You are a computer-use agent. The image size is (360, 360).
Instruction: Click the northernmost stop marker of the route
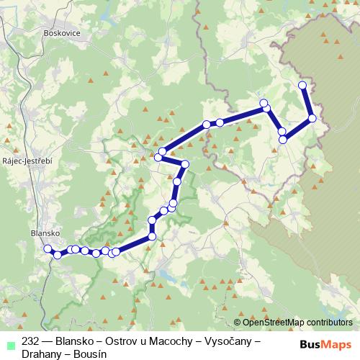tap(302, 86)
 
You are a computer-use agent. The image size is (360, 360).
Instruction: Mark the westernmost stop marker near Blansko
tap(48, 249)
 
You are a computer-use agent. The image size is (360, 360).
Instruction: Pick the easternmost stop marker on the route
tap(312, 118)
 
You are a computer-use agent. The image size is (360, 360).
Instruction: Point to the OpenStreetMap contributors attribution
tap(297, 323)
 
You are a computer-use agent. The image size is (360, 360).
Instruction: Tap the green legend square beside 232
tap(9, 343)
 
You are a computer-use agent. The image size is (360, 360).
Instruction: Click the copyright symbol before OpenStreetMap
tap(238, 323)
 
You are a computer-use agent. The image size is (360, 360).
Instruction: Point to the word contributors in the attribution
tap(328, 323)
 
